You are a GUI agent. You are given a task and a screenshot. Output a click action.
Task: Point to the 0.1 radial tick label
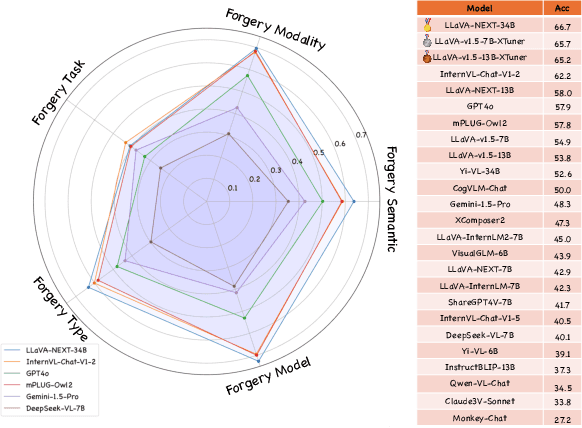232,187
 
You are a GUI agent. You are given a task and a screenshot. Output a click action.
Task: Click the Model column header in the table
484,8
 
